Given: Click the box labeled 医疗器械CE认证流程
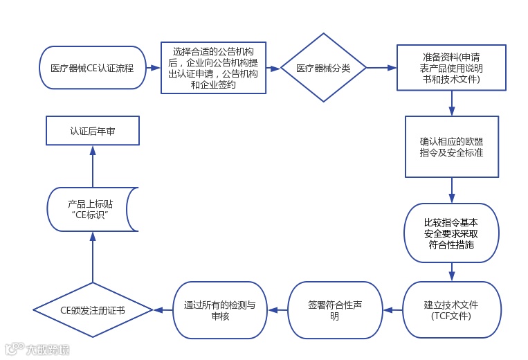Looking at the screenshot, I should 92,68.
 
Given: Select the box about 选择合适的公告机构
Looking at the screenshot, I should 214,68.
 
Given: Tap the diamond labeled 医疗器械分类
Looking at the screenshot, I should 323,68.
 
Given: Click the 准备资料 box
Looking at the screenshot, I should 451,68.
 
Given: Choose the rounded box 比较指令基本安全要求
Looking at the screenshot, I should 451,233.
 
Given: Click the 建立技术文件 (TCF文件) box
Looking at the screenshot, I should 451,309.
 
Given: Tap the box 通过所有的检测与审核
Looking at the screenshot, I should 219,309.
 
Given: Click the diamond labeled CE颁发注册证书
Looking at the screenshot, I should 93,309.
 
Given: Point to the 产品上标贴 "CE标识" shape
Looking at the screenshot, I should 93,210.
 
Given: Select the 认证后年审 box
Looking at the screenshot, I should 93,129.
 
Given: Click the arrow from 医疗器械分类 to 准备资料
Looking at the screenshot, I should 381,68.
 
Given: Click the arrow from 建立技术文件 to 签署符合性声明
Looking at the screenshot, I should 392,309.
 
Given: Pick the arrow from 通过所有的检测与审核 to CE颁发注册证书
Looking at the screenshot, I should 163,309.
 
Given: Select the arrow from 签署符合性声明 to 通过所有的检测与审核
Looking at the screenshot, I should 277,309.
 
